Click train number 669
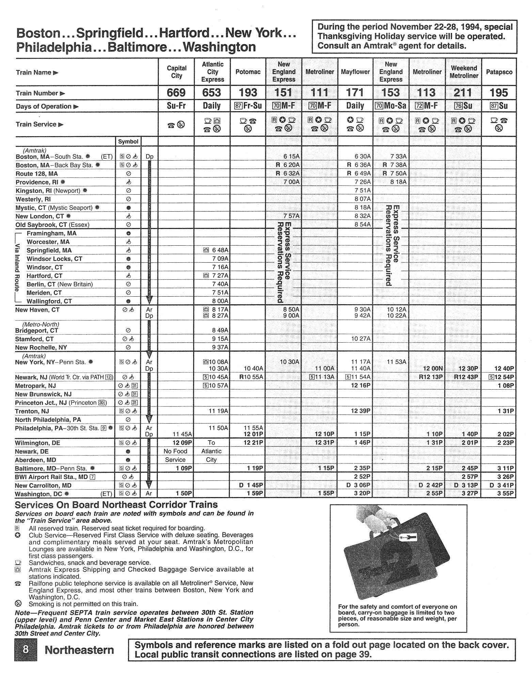176,93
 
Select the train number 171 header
355,93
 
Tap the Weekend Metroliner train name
464,72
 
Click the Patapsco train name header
499,72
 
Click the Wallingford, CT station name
49,301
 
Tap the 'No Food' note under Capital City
175,452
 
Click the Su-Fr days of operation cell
176,106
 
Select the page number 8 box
26,650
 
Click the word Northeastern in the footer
79,650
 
